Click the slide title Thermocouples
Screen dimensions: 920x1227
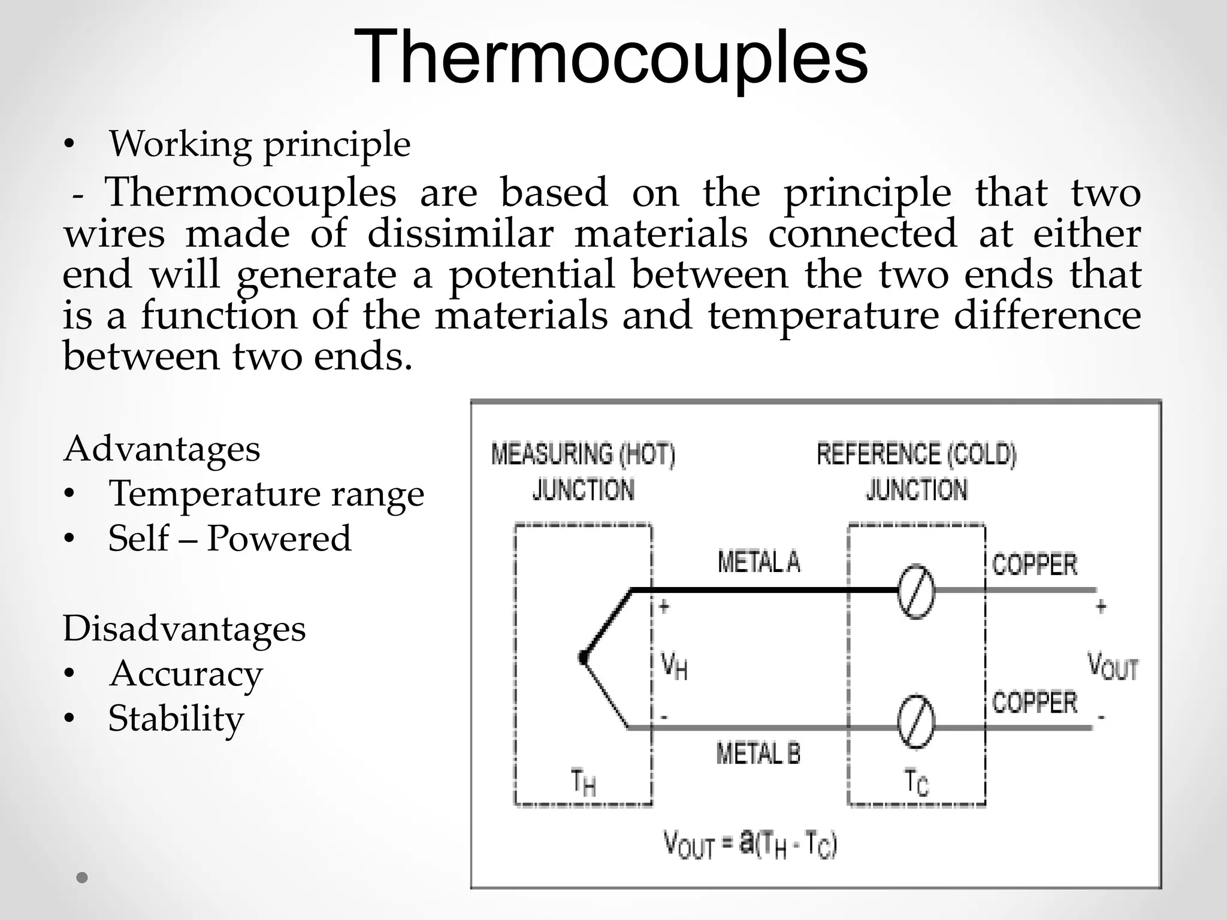tap(611, 57)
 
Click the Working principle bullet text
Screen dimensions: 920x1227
tap(259, 144)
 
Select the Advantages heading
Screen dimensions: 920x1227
tap(162, 449)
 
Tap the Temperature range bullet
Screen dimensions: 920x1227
tap(266, 494)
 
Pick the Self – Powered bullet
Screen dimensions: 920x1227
tap(229, 538)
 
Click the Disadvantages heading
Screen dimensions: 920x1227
tap(185, 629)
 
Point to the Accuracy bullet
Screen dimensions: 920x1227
tap(186, 673)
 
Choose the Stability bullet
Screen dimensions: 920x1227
tap(176, 718)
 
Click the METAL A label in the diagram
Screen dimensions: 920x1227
tap(759, 562)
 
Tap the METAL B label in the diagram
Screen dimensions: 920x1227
tap(758, 753)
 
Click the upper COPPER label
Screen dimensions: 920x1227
tap(1035, 564)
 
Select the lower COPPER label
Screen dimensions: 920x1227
tap(1035, 702)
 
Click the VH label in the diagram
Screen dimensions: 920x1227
tap(674, 666)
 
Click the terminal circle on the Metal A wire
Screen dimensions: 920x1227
tap(916, 591)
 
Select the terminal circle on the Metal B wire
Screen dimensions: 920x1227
tap(916, 722)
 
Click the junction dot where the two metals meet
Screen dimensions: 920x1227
tap(583, 658)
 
